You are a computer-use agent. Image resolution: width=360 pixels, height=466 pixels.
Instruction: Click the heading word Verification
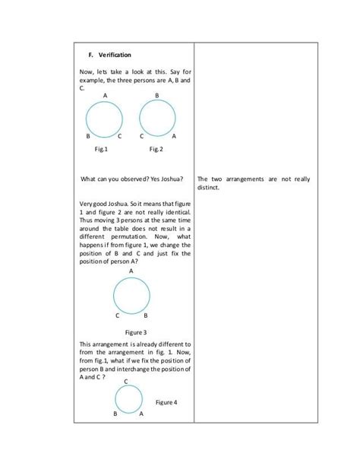tap(115, 55)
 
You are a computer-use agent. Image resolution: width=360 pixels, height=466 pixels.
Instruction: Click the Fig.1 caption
tap(100, 150)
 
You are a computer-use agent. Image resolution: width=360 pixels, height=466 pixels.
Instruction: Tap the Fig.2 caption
tap(156, 150)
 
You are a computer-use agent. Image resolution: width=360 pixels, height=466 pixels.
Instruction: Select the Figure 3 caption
tap(135, 332)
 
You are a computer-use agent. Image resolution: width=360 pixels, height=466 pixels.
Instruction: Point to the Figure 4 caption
tap(166, 401)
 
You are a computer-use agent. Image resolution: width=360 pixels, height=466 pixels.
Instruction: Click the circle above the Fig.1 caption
tap(105, 119)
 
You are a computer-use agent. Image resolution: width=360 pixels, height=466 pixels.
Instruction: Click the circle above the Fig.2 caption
tap(158, 119)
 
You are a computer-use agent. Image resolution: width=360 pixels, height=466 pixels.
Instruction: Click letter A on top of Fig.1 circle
tap(105, 95)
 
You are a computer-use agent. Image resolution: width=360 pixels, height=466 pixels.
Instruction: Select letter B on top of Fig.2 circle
tap(156, 95)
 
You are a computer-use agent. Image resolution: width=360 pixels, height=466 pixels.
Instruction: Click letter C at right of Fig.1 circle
tap(121, 136)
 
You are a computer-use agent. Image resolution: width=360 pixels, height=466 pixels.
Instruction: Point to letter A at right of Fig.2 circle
tap(174, 136)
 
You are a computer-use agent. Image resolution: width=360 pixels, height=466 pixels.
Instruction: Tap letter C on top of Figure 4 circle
tap(125, 382)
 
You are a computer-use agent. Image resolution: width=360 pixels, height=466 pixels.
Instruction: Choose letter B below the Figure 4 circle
tap(115, 415)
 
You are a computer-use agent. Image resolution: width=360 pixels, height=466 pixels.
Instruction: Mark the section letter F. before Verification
tap(90, 55)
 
